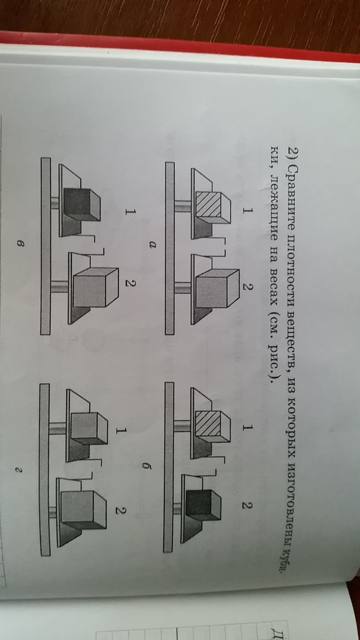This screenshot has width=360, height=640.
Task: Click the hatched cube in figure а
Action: tap(213, 206)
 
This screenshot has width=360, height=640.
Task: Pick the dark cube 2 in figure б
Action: tap(203, 506)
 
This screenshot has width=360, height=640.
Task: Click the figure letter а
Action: tap(153, 244)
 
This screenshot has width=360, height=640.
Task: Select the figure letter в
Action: tap(20, 244)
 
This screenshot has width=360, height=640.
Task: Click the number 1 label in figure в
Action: tap(130, 212)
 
